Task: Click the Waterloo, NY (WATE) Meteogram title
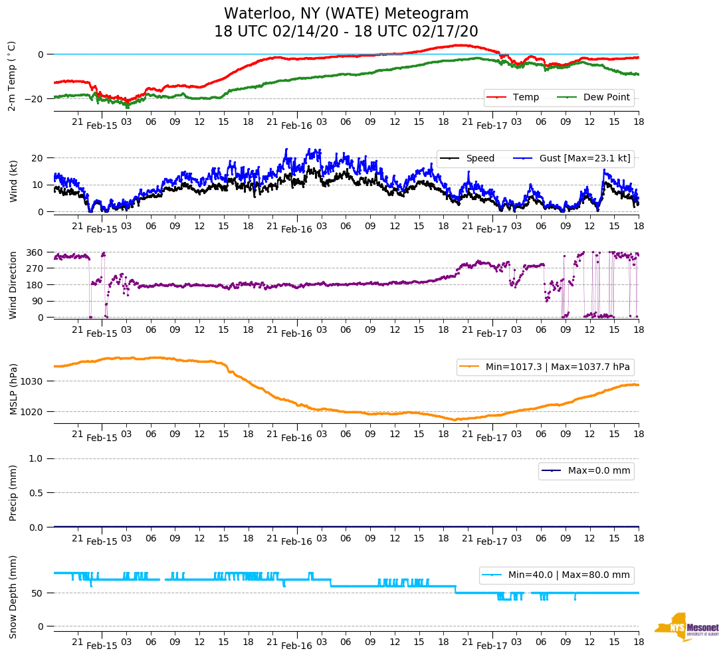[346, 14]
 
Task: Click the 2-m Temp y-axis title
[12, 76]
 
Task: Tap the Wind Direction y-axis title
[13, 285]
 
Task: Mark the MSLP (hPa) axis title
[13, 389]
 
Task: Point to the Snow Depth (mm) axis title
[13, 597]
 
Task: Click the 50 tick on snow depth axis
[39, 593]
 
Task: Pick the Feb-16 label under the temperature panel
[296, 125]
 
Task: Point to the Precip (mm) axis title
[13, 493]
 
